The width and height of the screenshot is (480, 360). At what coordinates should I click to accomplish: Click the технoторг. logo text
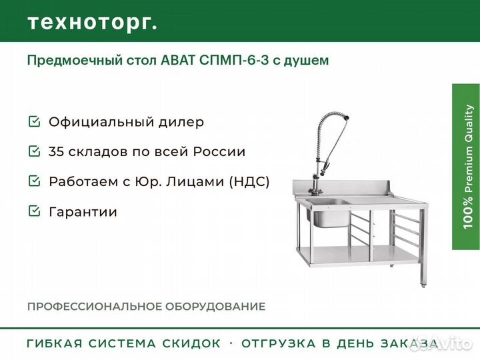coord(93,23)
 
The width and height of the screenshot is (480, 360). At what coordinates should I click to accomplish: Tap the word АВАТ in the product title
coord(178,60)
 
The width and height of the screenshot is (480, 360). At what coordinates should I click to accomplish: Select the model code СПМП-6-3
coord(234,60)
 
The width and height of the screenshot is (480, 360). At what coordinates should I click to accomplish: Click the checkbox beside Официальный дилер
coord(34,121)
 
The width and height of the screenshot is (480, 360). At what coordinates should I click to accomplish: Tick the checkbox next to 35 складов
coord(34,151)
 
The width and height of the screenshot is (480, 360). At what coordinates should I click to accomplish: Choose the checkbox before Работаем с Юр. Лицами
coord(34,181)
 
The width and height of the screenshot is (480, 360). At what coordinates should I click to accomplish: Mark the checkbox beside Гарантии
coord(34,211)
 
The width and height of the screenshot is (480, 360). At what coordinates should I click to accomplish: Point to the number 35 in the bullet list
coord(56,151)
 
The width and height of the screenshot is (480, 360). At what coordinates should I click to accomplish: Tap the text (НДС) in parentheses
coord(249,181)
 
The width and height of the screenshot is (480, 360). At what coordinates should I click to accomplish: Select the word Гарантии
coord(83,212)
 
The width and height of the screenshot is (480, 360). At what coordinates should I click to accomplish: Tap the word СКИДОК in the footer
coord(191,343)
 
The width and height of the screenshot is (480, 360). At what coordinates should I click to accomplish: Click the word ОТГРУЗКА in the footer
coord(279,343)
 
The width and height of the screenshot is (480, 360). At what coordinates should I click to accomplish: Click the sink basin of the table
coord(330,213)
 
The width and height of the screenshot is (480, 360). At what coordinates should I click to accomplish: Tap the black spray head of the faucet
coord(346,117)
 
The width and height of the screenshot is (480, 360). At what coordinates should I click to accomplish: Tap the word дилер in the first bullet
coord(181,123)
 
